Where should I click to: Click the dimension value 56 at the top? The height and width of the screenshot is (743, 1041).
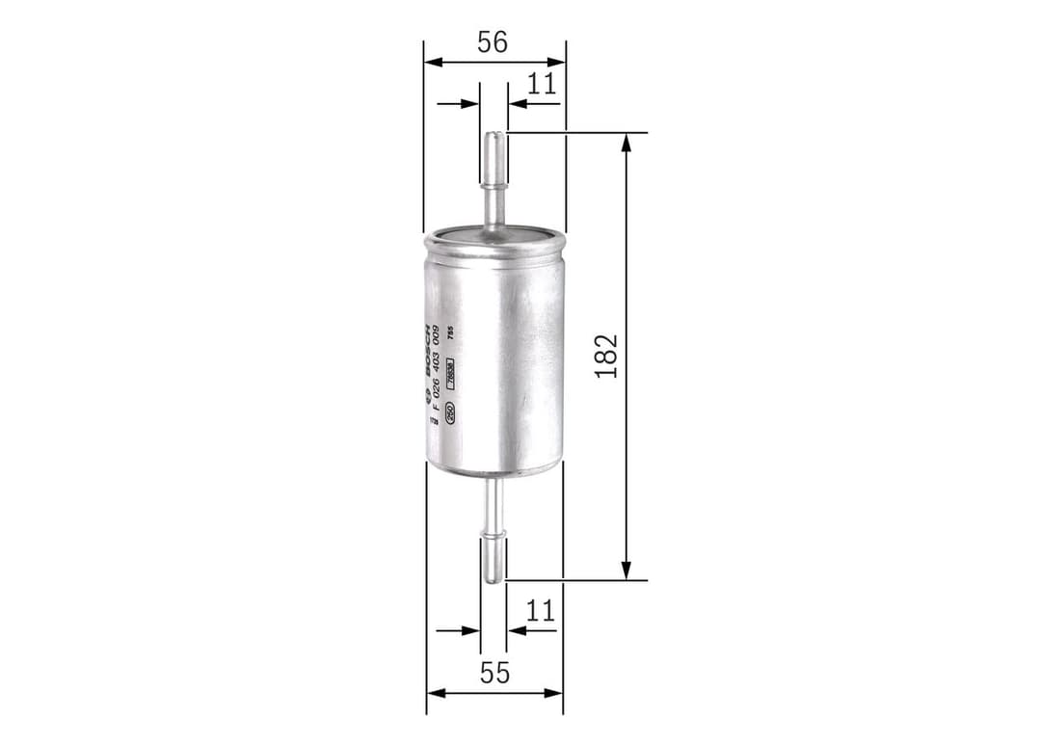click(493, 42)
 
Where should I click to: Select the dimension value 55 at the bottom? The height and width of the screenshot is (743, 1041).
click(494, 673)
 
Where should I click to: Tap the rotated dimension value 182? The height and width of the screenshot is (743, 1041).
click(606, 356)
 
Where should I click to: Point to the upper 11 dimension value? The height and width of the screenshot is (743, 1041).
click(542, 84)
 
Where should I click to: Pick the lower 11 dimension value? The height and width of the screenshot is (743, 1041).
click(541, 610)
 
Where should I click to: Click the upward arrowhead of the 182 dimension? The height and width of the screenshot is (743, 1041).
click(627, 142)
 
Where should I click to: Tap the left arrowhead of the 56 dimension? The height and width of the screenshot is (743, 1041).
click(431, 63)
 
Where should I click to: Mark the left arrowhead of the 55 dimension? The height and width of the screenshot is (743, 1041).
click(434, 692)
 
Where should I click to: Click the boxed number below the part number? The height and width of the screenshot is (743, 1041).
click(449, 378)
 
